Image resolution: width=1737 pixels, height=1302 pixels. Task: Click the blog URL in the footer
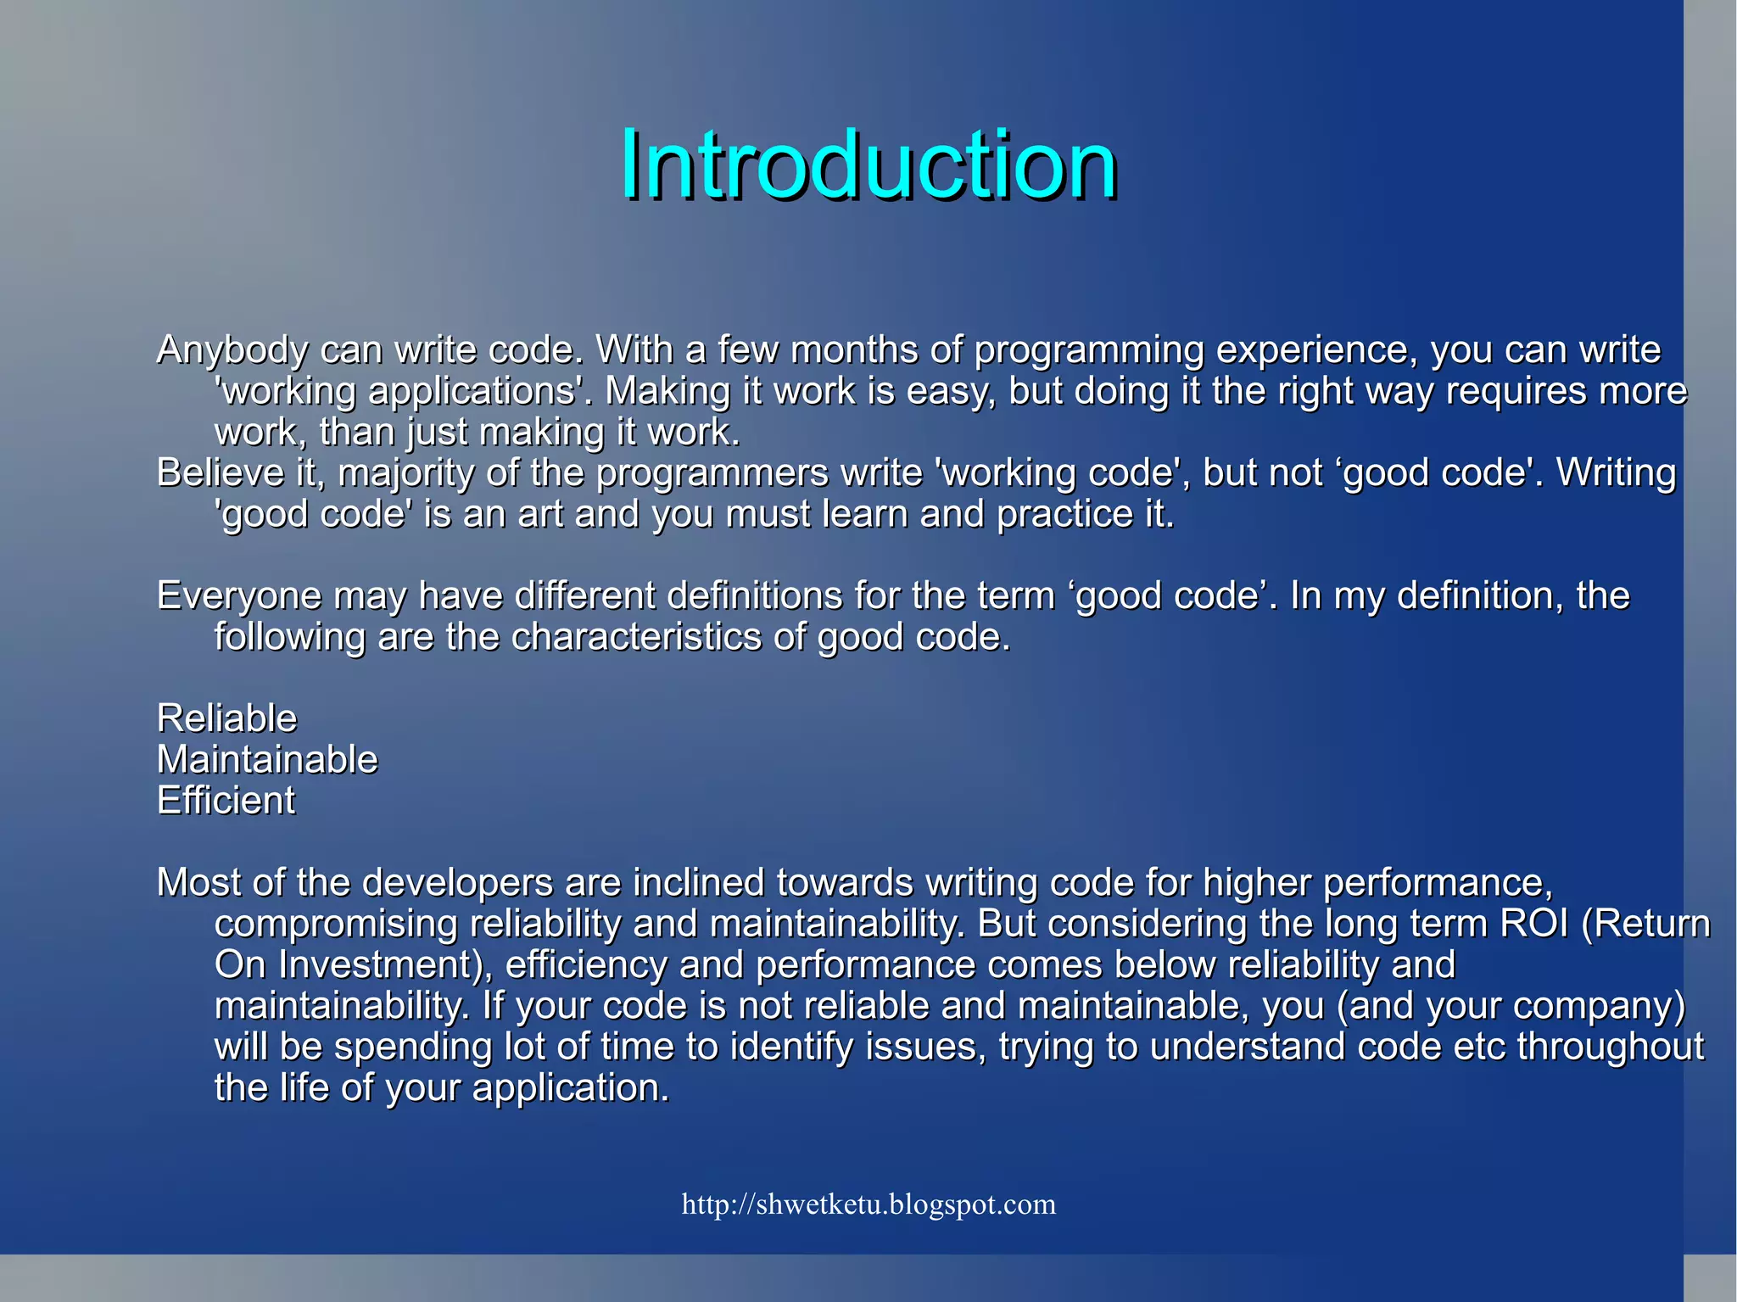coord(868,1204)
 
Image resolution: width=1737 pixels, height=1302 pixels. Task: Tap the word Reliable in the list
coord(226,718)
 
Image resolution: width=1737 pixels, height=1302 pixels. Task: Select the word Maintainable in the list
coord(267,759)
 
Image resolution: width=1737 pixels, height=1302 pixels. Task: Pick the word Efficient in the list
coord(226,801)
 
